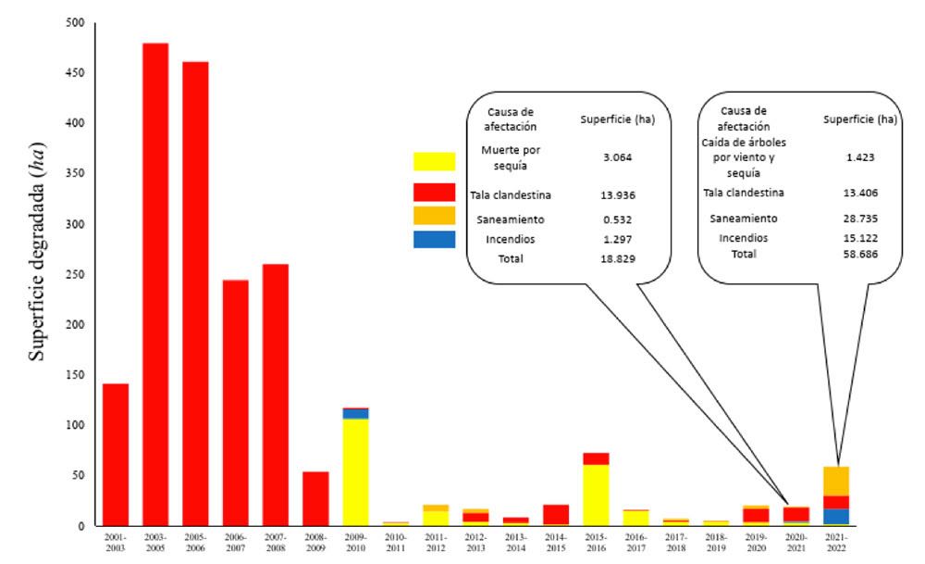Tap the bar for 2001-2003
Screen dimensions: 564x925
click(x=116, y=455)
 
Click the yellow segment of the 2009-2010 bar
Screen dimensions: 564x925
click(x=355, y=472)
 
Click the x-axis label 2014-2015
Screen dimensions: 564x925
click(x=556, y=543)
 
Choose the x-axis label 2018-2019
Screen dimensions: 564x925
click(x=716, y=543)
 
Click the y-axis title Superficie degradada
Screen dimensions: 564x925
click(x=38, y=275)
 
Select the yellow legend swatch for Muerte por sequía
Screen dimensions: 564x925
click(x=434, y=161)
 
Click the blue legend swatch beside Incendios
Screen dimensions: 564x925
click(x=434, y=239)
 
